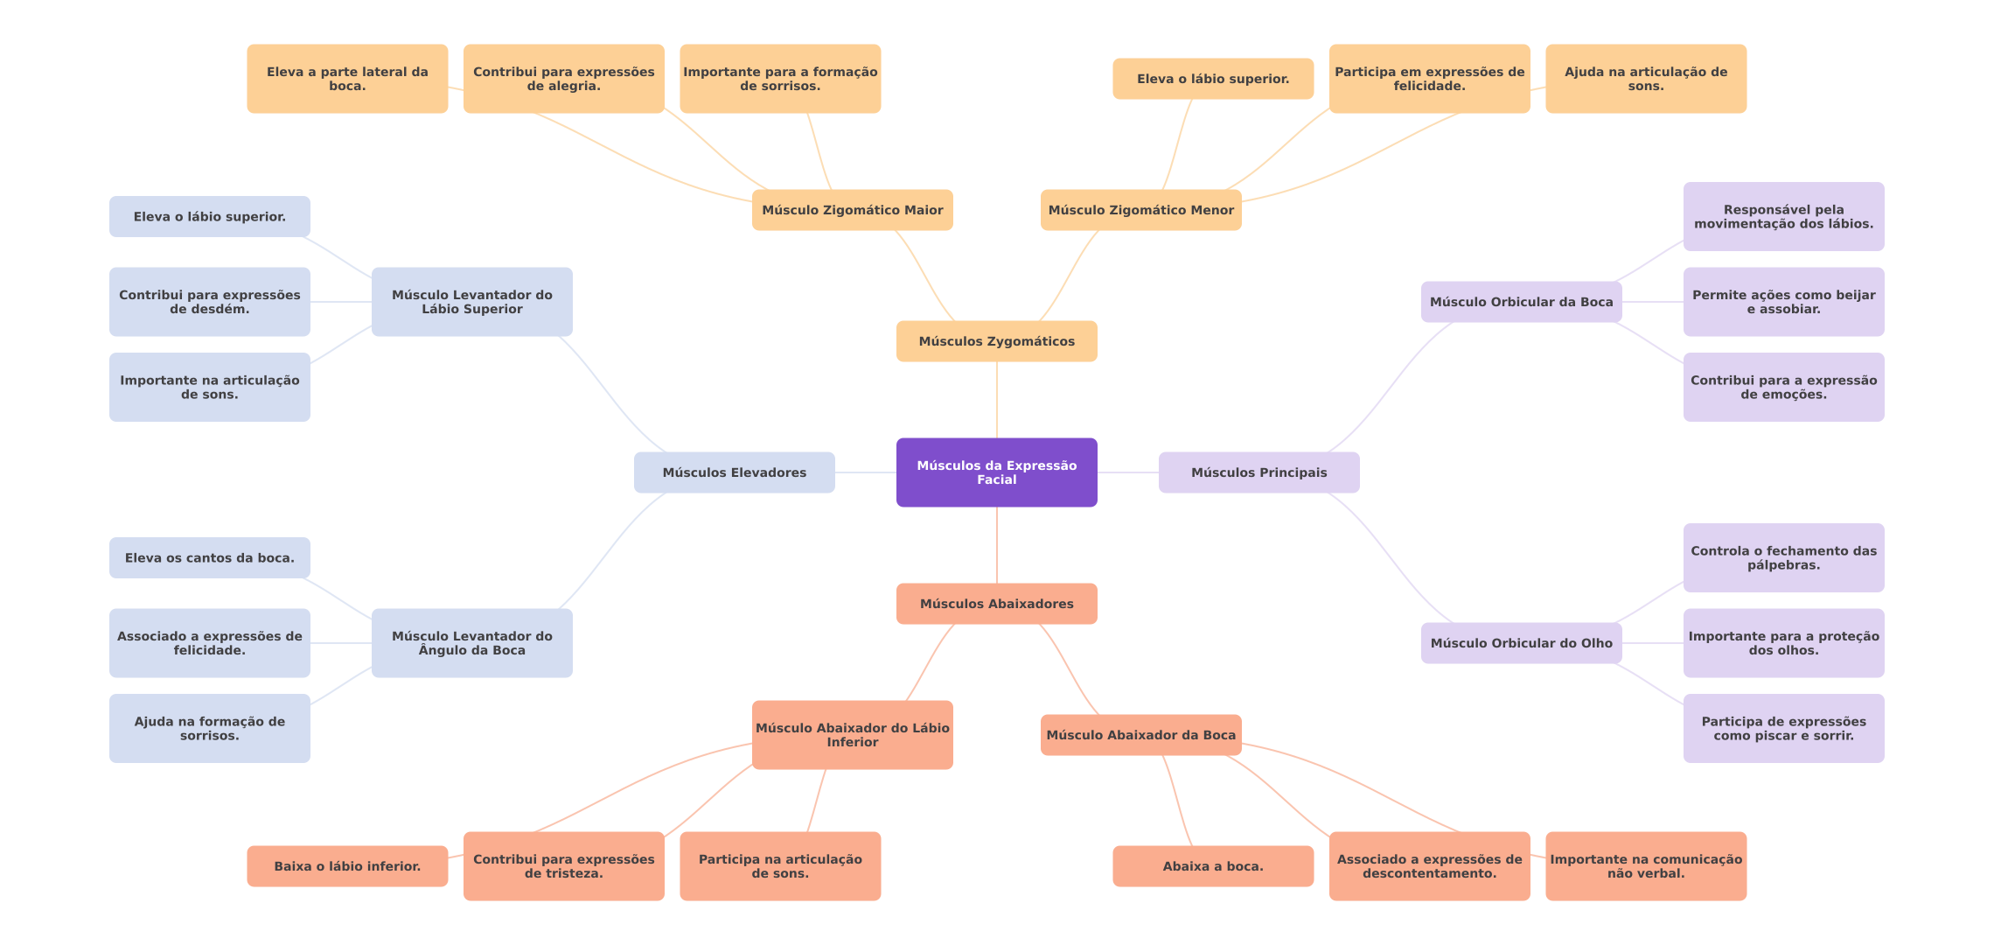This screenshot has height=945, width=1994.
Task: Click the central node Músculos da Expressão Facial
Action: tap(996, 472)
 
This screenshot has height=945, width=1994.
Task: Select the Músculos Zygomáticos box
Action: tap(996, 341)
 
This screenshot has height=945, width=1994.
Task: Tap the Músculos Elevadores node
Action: tap(734, 472)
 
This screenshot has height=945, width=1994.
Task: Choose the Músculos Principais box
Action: tap(1258, 472)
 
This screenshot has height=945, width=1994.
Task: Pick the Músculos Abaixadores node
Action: tap(996, 604)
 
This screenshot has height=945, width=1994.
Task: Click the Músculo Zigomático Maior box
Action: tap(852, 210)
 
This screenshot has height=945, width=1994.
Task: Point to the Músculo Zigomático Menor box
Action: tap(1140, 210)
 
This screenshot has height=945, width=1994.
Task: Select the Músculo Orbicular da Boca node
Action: tap(1521, 302)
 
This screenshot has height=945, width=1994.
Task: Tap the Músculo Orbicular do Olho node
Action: tap(1521, 643)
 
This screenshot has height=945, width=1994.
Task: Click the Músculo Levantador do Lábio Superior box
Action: tap(471, 302)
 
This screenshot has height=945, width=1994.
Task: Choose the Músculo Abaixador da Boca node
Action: tap(1140, 735)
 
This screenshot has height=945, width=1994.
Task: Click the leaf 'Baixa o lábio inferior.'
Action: tap(347, 866)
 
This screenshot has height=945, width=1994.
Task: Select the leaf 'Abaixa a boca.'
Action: tap(1213, 866)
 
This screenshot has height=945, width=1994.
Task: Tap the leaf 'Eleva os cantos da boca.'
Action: tap(209, 558)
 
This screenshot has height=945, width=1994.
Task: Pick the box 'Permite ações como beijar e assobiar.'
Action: tap(1783, 302)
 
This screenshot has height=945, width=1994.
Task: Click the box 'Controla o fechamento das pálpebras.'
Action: tap(1783, 558)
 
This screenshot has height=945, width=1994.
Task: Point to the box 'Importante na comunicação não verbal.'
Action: tap(1646, 866)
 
